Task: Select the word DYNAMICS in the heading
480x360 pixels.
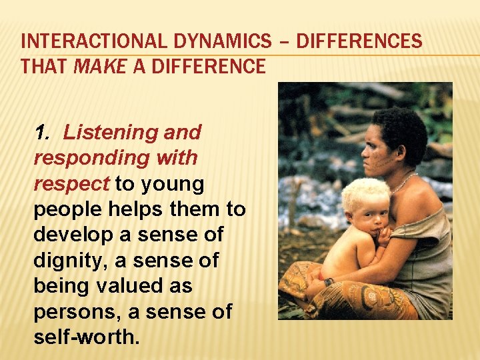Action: pos(213,42)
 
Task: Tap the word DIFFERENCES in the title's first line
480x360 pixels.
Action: pos(359,42)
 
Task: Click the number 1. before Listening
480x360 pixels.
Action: pos(43,132)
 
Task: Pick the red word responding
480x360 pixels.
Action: pos(81,158)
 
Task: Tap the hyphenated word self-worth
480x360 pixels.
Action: pos(86,337)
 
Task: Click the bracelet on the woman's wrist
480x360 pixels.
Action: pos(329,282)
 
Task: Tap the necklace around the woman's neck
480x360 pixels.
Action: pos(403,183)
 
